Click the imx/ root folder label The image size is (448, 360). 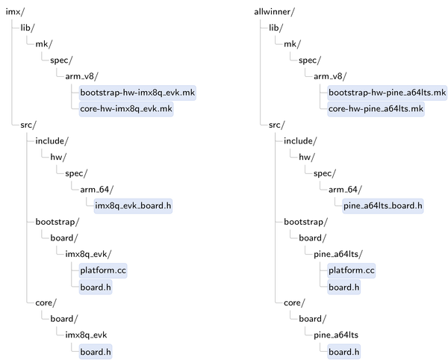click(15, 12)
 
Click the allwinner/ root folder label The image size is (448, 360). click(274, 12)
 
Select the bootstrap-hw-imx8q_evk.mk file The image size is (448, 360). click(137, 93)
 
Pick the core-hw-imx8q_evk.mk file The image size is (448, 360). click(126, 109)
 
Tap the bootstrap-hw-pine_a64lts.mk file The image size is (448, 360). click(387, 93)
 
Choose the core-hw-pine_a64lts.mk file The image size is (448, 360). click(376, 109)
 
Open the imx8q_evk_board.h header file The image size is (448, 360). click(133, 205)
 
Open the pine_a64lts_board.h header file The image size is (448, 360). click(383, 205)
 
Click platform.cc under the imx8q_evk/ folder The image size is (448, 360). click(103, 270)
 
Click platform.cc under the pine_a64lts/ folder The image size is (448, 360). click(352, 270)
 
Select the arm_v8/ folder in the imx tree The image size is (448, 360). click(81, 76)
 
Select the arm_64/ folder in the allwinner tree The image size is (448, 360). click(345, 190)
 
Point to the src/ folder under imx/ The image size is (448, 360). click(28, 125)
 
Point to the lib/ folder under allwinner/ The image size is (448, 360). click(276, 28)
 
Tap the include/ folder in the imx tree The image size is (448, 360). click(52, 141)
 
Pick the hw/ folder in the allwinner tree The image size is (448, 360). click(307, 157)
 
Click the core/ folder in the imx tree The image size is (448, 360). click(46, 302)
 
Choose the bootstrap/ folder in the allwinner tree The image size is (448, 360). click(305, 222)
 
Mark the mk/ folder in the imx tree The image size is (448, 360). click(44, 44)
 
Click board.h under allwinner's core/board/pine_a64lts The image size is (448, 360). click(344, 352)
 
